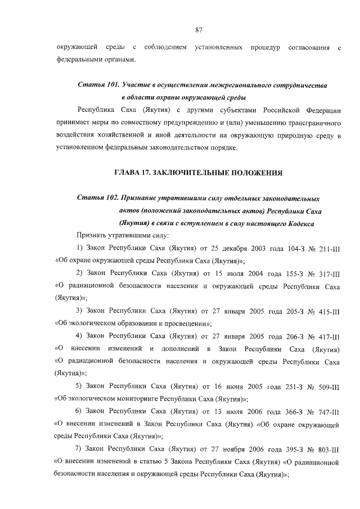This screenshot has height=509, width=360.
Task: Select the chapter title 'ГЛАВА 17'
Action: [x=134, y=171]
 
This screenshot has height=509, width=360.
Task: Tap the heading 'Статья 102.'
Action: [x=97, y=199]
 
